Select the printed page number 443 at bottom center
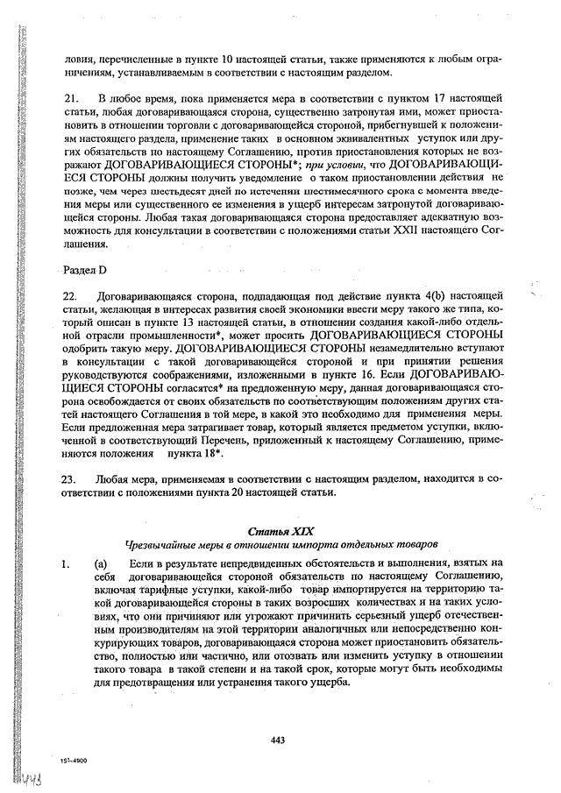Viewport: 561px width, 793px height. point(279,740)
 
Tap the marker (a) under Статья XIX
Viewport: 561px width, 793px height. point(101,563)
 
